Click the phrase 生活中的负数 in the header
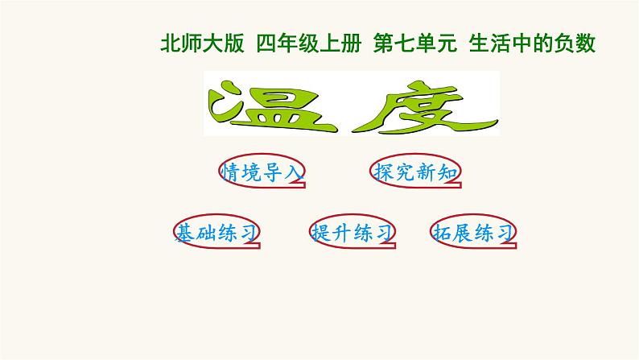tap(532, 44)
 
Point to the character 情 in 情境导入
tap(233, 171)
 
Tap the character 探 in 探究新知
tap(385, 172)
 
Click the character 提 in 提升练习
tap(322, 233)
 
